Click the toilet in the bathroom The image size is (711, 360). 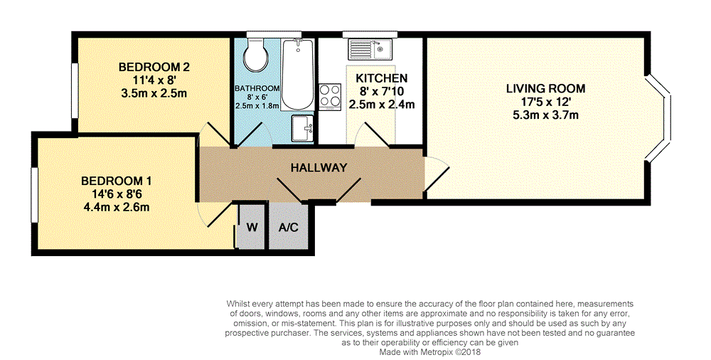coord(256,55)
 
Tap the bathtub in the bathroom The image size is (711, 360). coord(297,75)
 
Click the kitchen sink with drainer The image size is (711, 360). coord(369,50)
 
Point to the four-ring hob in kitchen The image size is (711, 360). coord(330,97)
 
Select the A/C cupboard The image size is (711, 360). coord(289,226)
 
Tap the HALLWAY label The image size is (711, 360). coord(319,167)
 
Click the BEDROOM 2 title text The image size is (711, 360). coord(154,67)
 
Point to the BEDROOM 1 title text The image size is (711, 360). coord(117,181)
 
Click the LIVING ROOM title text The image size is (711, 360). coord(545,88)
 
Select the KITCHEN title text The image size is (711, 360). coord(381,78)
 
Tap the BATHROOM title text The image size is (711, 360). coord(257,88)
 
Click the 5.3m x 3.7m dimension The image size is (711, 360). coord(545,115)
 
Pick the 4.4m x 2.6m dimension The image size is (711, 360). coord(117,208)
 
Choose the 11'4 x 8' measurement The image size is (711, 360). coord(154,80)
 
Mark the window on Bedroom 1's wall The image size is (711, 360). coord(34,195)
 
